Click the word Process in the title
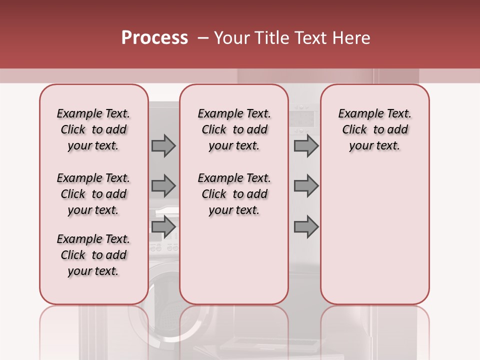154,38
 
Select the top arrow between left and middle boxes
163,145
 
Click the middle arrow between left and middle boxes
163,186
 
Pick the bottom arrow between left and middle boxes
163,226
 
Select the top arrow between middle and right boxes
306,145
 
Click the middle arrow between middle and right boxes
306,186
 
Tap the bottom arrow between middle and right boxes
306,226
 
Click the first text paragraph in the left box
93,129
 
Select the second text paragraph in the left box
93,194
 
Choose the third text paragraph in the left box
93,255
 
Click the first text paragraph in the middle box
234,129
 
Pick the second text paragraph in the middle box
234,194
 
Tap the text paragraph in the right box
374,129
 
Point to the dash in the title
203,38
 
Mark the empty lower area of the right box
374,235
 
